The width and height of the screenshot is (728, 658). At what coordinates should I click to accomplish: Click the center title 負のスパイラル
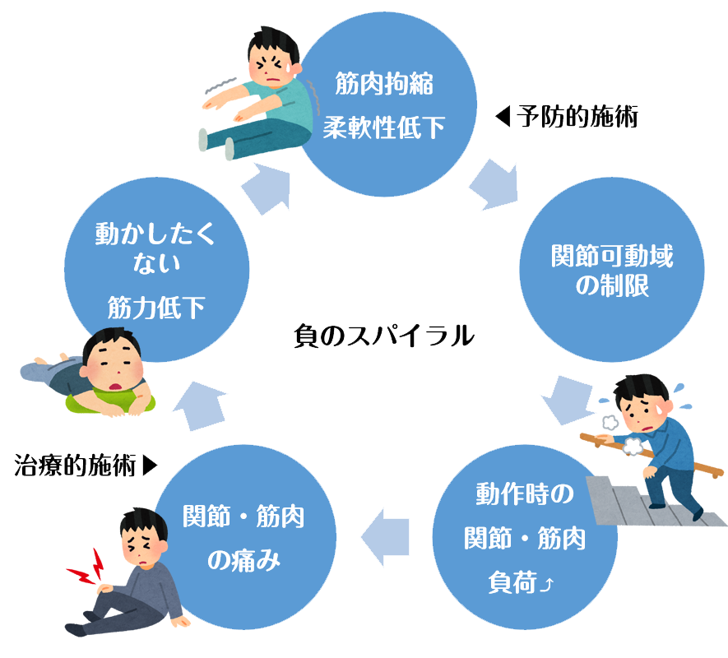pyautogui.click(x=384, y=336)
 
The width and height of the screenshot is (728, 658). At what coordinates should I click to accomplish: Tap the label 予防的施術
pyautogui.click(x=577, y=118)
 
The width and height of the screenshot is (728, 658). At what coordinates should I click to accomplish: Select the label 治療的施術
pyautogui.click(x=75, y=466)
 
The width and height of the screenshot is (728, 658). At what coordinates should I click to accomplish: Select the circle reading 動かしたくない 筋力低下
pyautogui.click(x=156, y=270)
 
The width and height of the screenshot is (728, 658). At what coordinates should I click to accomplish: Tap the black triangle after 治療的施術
pyautogui.click(x=149, y=466)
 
